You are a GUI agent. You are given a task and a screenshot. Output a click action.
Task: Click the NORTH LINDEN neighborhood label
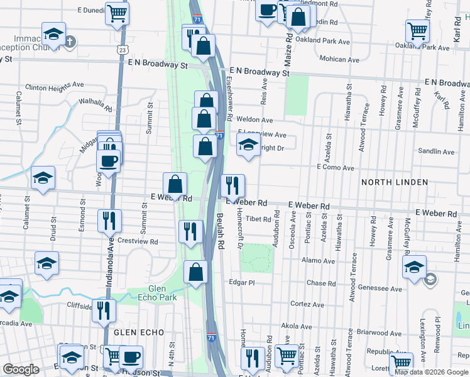394,182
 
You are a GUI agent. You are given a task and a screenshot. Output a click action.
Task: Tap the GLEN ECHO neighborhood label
139,332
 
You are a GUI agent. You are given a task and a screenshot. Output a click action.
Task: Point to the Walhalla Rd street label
95,104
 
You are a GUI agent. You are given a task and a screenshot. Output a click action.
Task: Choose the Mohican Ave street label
342,59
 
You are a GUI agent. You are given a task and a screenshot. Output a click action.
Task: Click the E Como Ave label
336,168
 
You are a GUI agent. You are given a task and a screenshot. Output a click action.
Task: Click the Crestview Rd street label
138,241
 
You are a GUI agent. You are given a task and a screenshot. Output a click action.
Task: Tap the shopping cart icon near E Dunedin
117,13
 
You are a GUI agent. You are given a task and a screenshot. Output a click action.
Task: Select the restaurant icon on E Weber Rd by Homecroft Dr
232,185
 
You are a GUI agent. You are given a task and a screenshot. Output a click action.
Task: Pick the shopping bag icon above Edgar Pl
195,273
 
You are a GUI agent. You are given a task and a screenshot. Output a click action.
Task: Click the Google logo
20,369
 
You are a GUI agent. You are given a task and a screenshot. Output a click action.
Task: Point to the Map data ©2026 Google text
430,372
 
